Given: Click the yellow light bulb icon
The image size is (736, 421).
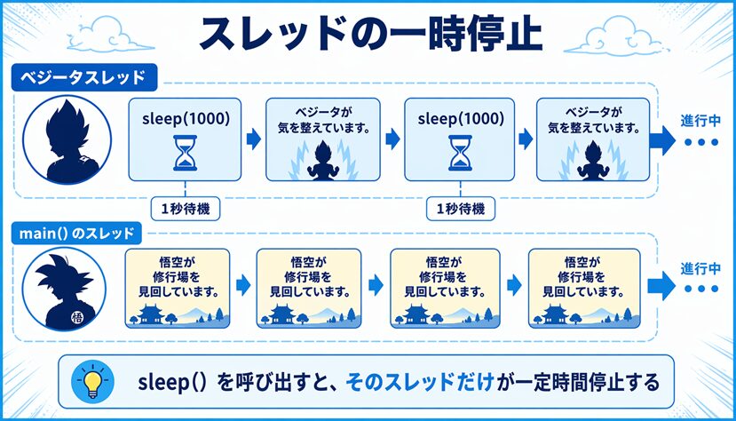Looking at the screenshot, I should pyautogui.click(x=91, y=383).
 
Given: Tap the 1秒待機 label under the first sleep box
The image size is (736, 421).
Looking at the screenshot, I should pyautogui.click(x=186, y=210).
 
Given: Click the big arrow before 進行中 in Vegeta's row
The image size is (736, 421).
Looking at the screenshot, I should pyautogui.click(x=662, y=139).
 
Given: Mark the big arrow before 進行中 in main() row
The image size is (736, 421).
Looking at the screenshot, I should pyautogui.click(x=662, y=285).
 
